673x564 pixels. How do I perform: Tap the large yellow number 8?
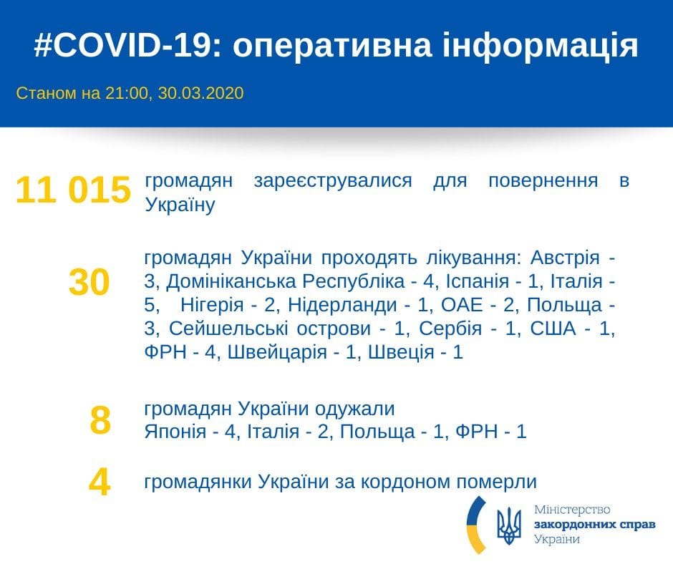(x=100, y=420)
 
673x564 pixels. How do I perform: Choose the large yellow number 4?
(x=100, y=482)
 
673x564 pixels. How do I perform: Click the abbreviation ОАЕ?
(x=448, y=305)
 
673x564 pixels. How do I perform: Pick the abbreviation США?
(x=555, y=329)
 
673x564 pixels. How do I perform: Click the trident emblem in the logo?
(x=509, y=526)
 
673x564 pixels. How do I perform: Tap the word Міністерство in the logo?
(x=572, y=510)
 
